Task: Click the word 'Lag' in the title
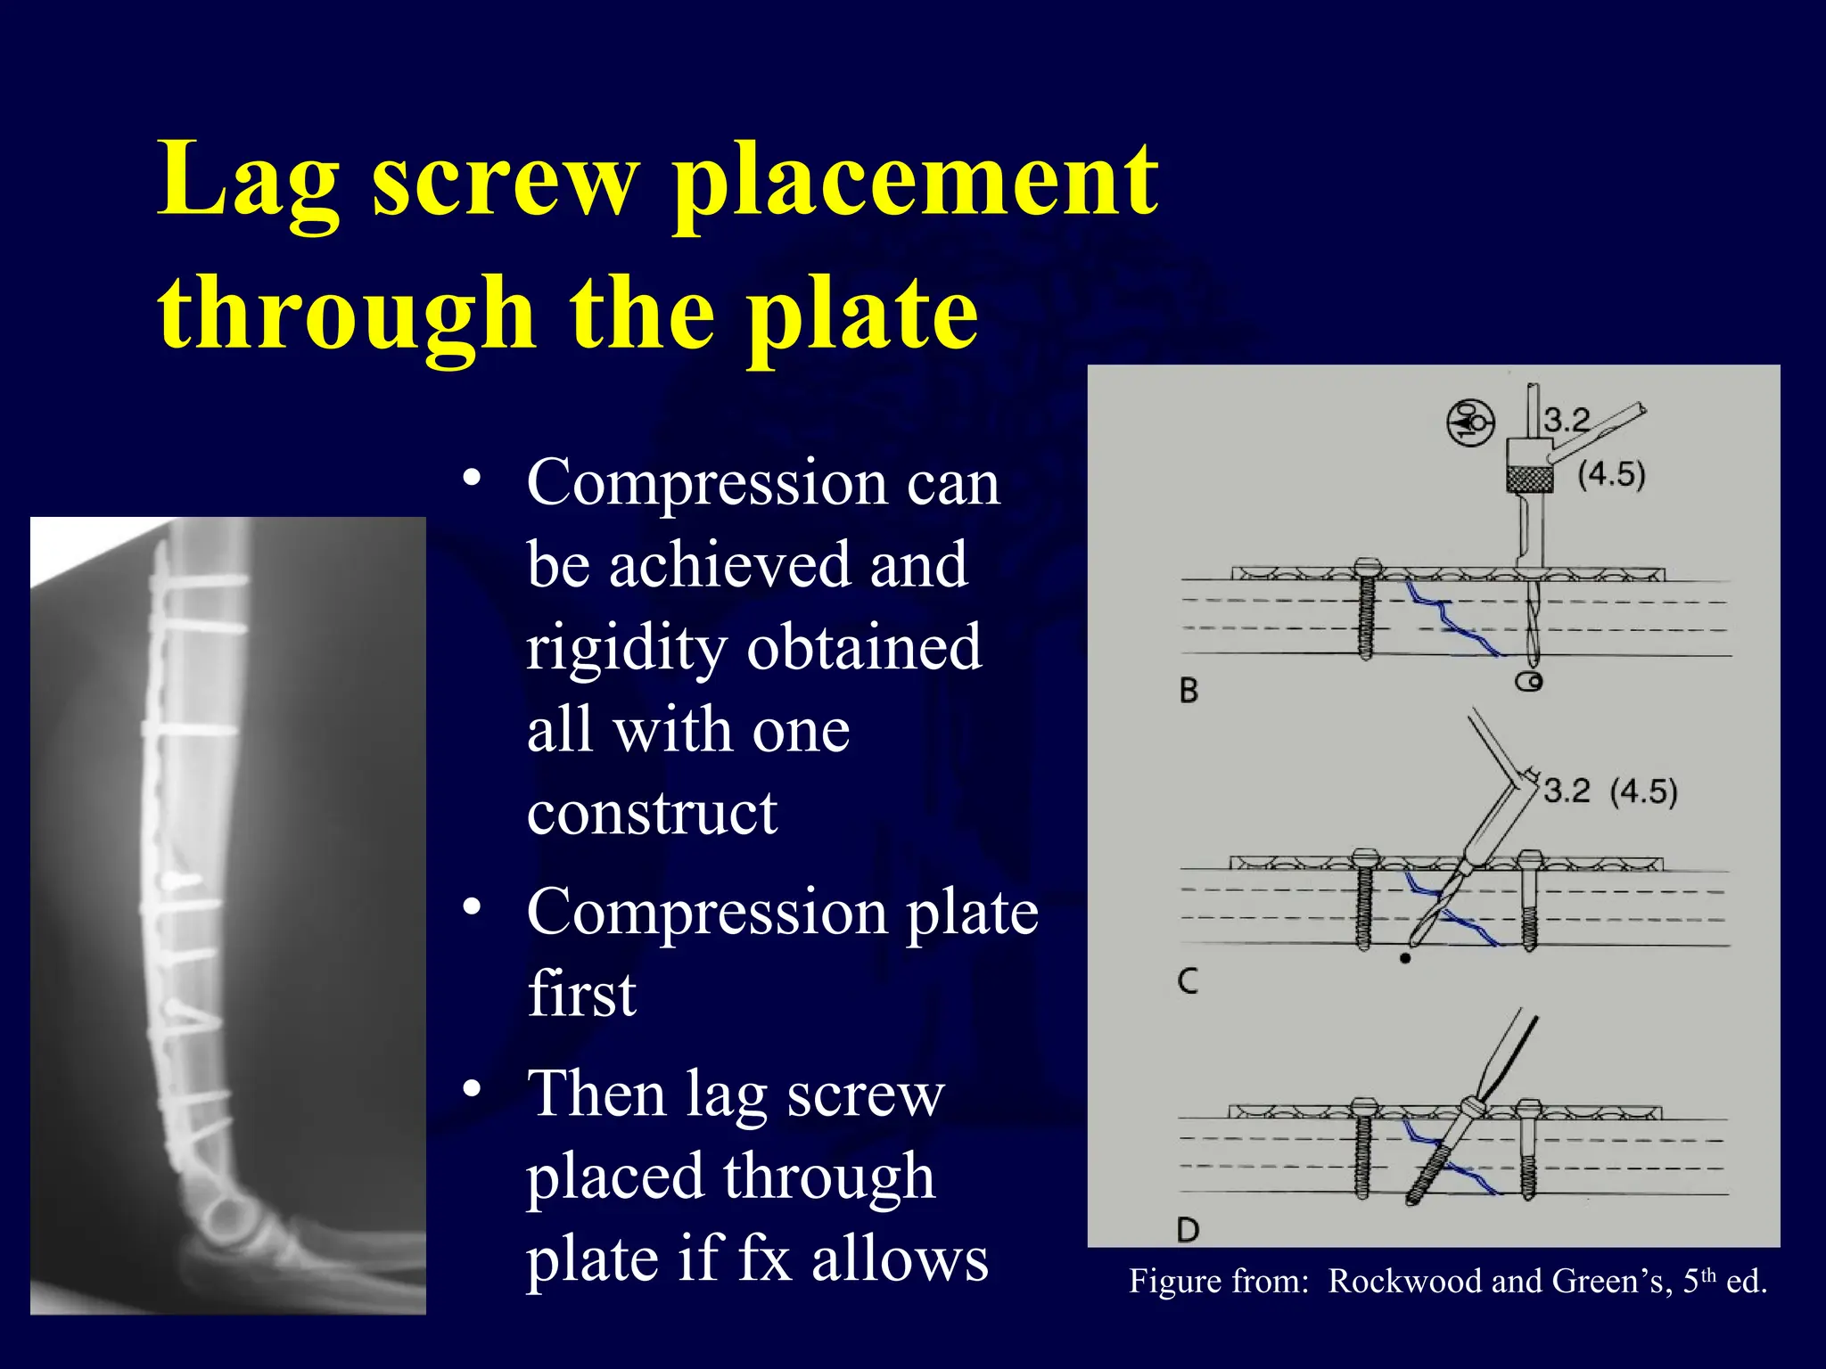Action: click(248, 183)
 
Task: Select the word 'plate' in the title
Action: click(862, 314)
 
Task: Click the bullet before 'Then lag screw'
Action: click(473, 1088)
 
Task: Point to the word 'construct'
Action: click(652, 813)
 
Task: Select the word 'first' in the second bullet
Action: click(581, 993)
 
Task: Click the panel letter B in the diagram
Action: click(1189, 691)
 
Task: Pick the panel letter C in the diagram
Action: click(1188, 981)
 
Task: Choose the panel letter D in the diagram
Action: click(1188, 1231)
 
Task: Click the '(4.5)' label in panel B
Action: click(1611, 474)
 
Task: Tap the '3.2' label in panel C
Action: click(1567, 791)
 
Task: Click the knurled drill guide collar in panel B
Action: click(1529, 480)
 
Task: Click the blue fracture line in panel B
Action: click(1451, 619)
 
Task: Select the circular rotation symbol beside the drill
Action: click(1469, 422)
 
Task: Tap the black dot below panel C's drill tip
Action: click(1405, 958)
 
